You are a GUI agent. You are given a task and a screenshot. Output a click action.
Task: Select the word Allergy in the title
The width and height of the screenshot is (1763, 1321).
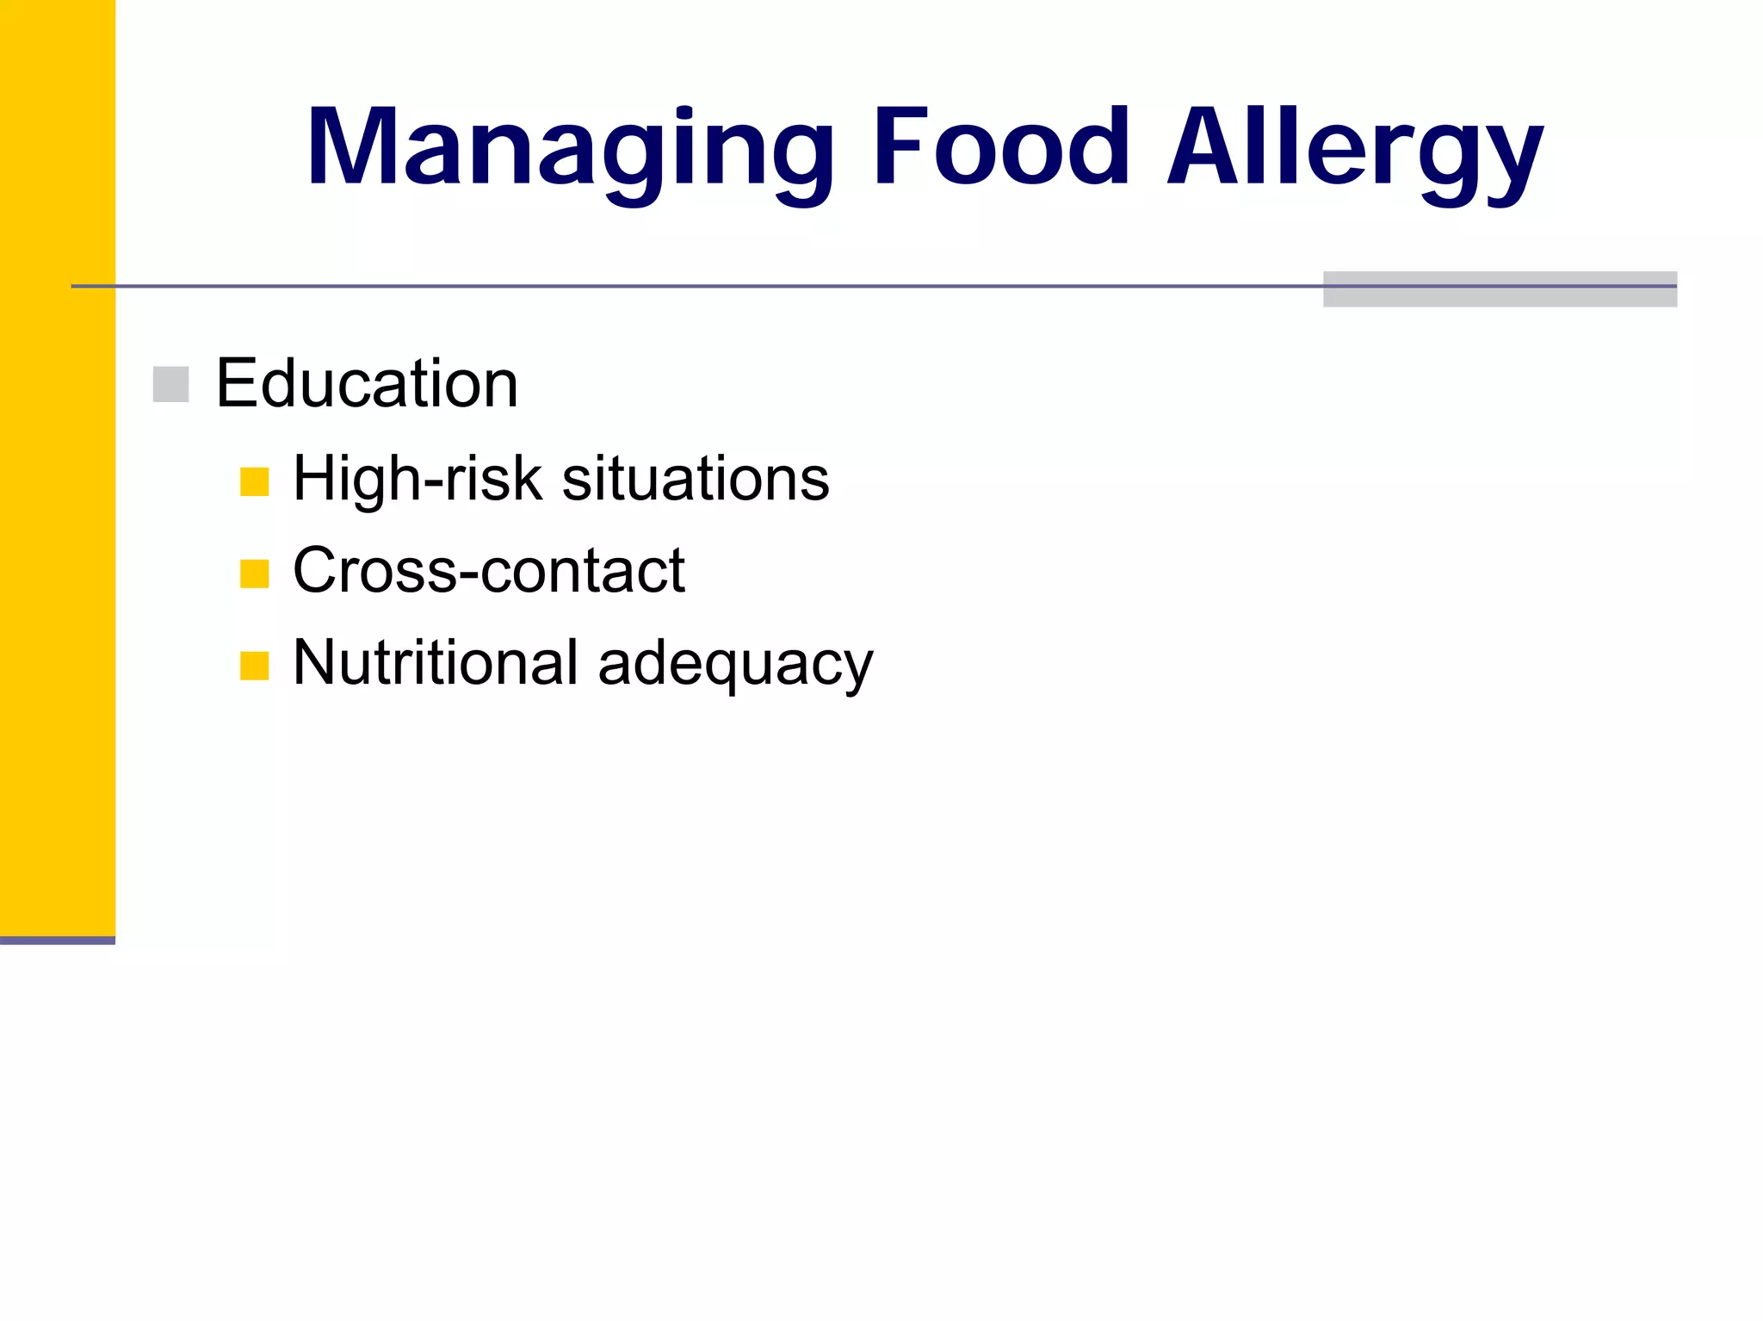click(x=1355, y=148)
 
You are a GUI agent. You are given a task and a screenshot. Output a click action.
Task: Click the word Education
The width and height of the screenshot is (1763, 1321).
click(x=367, y=383)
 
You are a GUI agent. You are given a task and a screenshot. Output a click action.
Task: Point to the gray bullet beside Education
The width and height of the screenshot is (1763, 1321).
click(x=170, y=384)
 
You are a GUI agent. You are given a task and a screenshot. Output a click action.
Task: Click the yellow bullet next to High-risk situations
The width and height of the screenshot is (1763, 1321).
click(x=255, y=481)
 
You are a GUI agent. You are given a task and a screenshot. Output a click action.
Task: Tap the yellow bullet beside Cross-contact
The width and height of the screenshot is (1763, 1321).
click(x=255, y=574)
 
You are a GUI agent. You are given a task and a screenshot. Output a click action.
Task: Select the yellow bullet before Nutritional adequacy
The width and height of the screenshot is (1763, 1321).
click(x=255, y=666)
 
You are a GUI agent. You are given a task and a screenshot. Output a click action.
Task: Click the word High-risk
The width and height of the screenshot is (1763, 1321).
click(x=418, y=479)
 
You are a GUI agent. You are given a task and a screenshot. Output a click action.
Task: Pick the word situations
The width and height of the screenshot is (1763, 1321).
click(x=696, y=479)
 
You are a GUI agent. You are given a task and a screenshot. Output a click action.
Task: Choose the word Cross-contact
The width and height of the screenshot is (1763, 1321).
click(x=489, y=570)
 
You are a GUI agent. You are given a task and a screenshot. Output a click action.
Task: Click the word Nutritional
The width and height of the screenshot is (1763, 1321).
click(x=436, y=662)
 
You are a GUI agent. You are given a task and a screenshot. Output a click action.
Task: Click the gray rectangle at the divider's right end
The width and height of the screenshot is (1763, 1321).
click(x=1500, y=289)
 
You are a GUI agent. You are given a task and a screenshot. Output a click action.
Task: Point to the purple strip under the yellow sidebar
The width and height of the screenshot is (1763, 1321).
click(x=57, y=940)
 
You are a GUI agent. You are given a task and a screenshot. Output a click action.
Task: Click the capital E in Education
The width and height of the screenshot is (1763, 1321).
click(x=236, y=383)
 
